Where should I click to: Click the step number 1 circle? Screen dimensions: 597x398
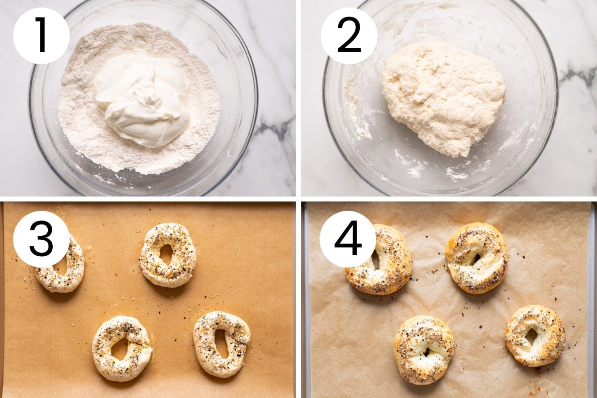pyautogui.click(x=41, y=36)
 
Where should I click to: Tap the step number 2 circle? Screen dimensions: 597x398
pyautogui.click(x=349, y=36)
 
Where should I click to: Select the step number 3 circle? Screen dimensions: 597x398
pyautogui.click(x=41, y=239)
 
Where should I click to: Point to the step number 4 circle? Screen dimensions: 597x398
pyautogui.click(x=348, y=239)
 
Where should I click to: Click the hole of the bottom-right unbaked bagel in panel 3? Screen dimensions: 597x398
pyautogui.click(x=221, y=344)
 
